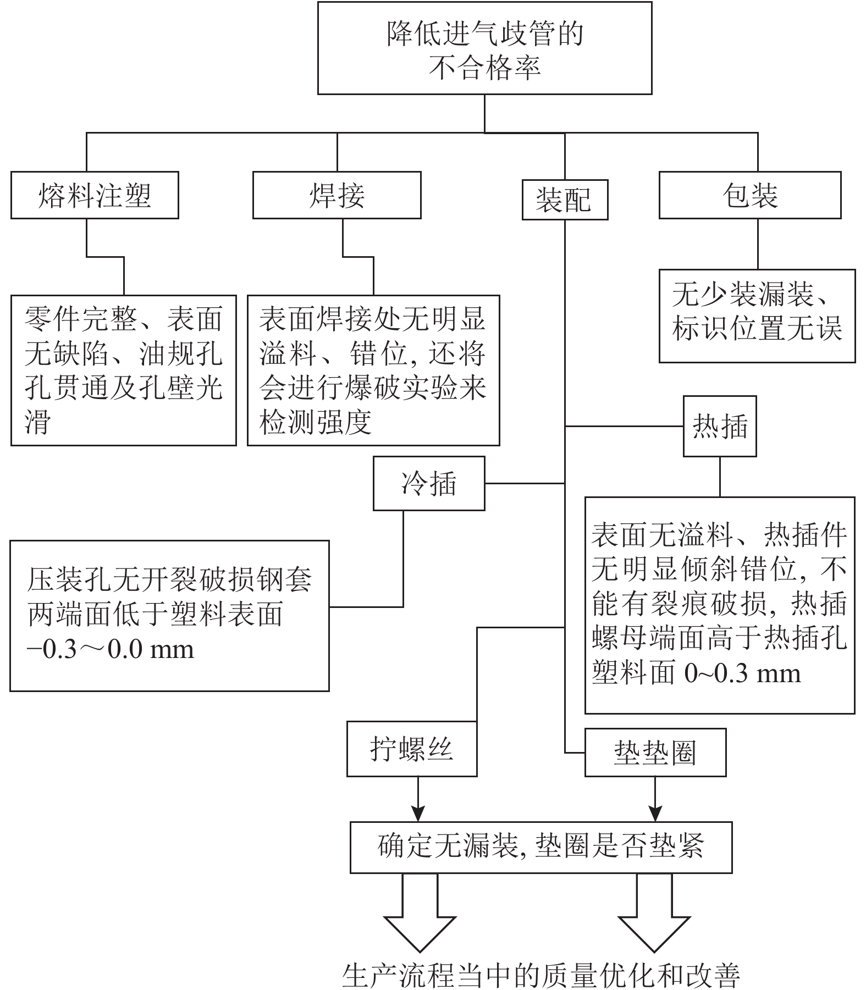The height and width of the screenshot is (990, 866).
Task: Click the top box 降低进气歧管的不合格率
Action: click(484, 48)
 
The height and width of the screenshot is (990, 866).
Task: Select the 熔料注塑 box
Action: click(95, 195)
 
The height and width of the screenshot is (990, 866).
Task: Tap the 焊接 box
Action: click(337, 195)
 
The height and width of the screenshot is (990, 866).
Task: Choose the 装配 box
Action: click(564, 200)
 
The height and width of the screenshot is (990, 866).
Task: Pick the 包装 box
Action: click(749, 195)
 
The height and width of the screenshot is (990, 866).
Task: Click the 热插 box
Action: click(719, 426)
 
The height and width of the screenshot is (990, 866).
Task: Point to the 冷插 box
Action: click(429, 483)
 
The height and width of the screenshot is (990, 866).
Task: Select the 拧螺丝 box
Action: click(411, 749)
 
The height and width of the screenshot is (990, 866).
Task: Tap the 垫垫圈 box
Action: click(655, 753)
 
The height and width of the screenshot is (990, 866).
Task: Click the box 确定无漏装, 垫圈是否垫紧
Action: click(541, 847)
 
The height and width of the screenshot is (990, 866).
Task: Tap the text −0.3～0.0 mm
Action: click(110, 650)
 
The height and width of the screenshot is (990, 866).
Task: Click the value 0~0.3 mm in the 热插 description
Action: click(742, 673)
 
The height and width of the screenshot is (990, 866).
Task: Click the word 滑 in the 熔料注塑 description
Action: click(37, 422)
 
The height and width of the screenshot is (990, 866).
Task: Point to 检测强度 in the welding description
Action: click(316, 422)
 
